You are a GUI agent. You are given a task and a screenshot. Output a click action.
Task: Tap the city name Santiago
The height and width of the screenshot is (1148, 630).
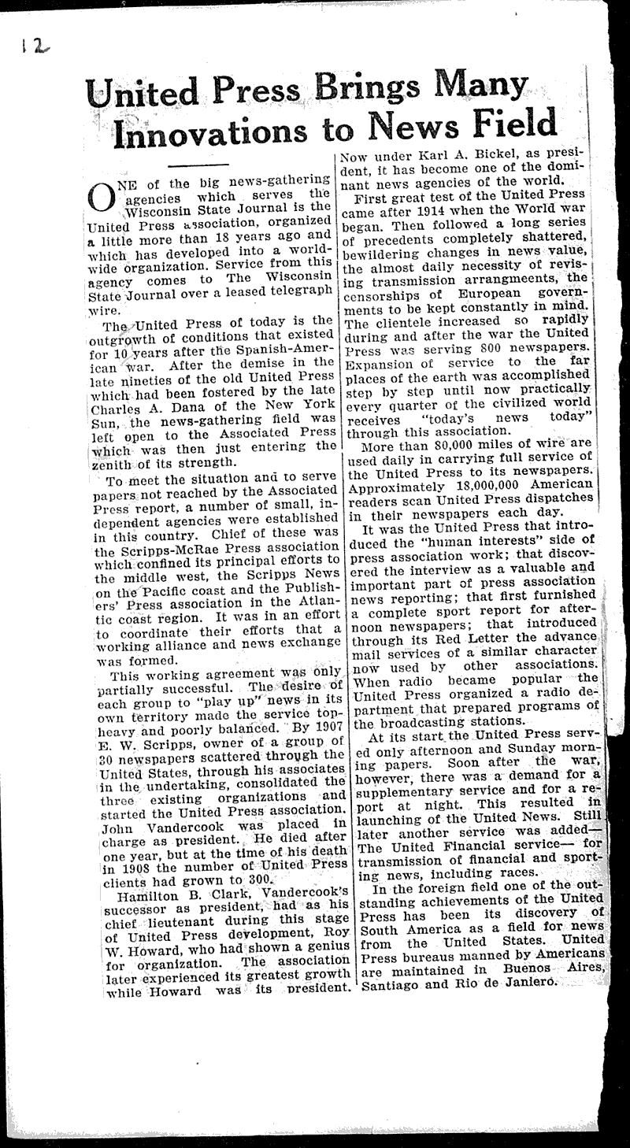tap(390, 984)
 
